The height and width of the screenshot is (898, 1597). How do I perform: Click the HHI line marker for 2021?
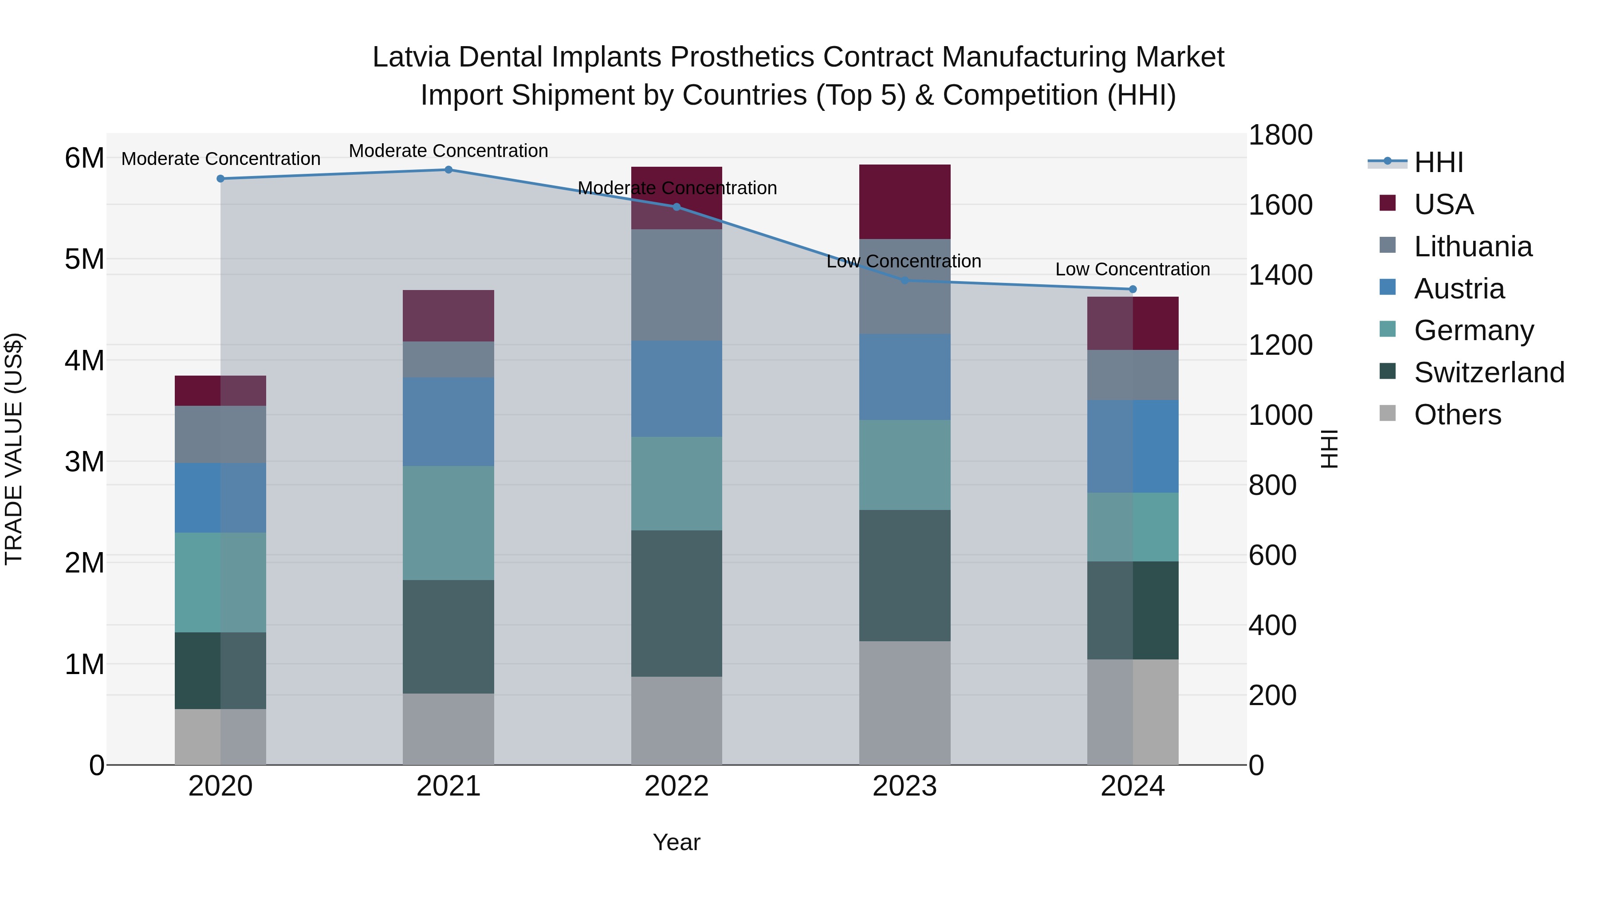tap(448, 170)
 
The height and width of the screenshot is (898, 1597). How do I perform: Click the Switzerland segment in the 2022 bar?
tap(677, 604)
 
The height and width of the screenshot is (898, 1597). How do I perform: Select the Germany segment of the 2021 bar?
tap(448, 523)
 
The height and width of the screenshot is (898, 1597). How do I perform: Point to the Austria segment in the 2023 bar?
tap(905, 377)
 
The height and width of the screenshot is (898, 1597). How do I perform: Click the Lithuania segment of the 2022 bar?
tap(677, 285)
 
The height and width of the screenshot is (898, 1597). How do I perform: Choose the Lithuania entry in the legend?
tap(1472, 247)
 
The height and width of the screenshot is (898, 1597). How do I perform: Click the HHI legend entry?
tap(1438, 162)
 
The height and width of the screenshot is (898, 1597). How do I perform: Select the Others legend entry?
tap(1457, 415)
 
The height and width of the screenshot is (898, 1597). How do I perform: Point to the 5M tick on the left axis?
tap(84, 259)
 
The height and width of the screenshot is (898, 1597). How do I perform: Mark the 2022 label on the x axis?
tap(677, 786)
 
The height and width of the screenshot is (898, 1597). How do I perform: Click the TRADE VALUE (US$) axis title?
tap(14, 449)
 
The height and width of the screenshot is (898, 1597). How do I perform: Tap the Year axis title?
tap(677, 842)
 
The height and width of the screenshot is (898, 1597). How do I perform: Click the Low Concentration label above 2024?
tap(1133, 270)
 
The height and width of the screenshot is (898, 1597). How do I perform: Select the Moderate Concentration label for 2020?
tap(221, 159)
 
